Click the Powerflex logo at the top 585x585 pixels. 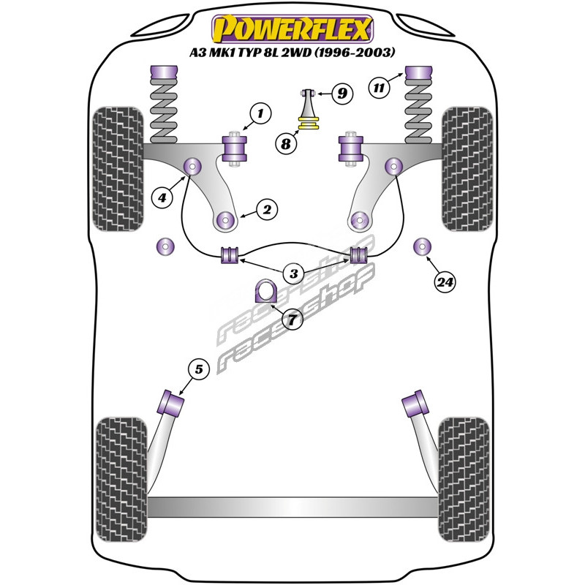click(x=292, y=29)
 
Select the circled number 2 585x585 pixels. click(x=267, y=211)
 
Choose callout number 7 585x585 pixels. click(x=292, y=320)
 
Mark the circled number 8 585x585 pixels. click(x=286, y=143)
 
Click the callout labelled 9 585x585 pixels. click(x=341, y=93)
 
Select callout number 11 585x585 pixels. click(x=378, y=88)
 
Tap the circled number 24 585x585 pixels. click(x=445, y=282)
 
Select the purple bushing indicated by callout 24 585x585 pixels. click(x=423, y=247)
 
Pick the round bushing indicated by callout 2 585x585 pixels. click(x=226, y=218)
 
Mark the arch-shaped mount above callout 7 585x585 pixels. click(x=263, y=292)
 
